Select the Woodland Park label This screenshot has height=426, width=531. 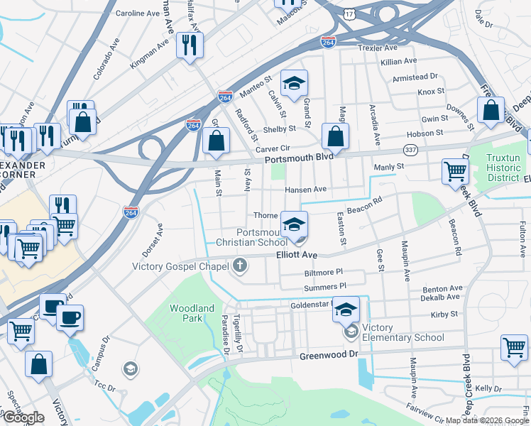(192, 313)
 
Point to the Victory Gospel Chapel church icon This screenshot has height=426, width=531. (241, 266)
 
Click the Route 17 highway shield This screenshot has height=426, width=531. (348, 14)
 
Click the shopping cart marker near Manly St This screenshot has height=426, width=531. (454, 171)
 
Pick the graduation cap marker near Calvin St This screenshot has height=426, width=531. (293, 84)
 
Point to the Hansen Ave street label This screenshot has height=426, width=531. (305, 190)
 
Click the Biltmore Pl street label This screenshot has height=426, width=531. (323, 271)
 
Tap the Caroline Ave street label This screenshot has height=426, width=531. (138, 13)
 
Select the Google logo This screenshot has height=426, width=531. (23, 417)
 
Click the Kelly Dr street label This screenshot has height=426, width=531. (488, 388)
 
